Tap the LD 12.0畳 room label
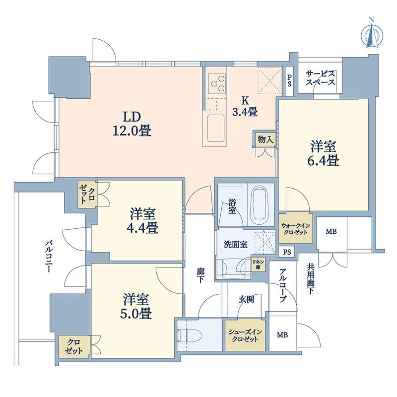132,124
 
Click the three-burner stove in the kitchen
217,83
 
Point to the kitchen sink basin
216,129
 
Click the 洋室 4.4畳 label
142,220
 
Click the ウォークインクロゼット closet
295,229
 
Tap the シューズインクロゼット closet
245,335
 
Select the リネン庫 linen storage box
258,265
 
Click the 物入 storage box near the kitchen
265,139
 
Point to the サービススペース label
320,78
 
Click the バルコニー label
48,257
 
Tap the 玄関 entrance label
246,299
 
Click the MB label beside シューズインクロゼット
282,334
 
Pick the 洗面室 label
235,245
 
